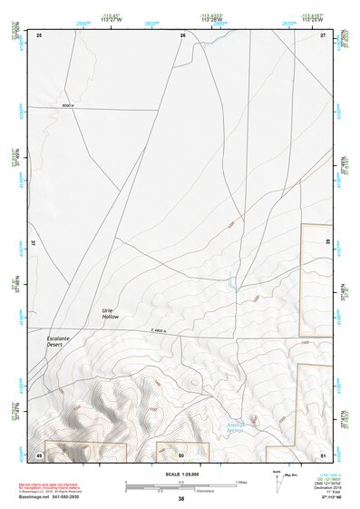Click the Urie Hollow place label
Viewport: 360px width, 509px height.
tap(110, 314)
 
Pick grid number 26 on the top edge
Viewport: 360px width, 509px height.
tap(182, 34)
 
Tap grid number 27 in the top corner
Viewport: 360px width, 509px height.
tap(323, 34)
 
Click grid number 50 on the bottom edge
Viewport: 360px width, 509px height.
tap(182, 454)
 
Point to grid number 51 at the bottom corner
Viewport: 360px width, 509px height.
tap(323, 454)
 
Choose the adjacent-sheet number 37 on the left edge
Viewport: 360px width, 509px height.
tap(32, 243)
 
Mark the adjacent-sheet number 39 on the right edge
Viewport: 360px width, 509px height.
tap(329, 243)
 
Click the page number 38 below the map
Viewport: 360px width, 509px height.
tap(181, 499)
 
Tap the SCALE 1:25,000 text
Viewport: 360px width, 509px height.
tap(181, 472)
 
